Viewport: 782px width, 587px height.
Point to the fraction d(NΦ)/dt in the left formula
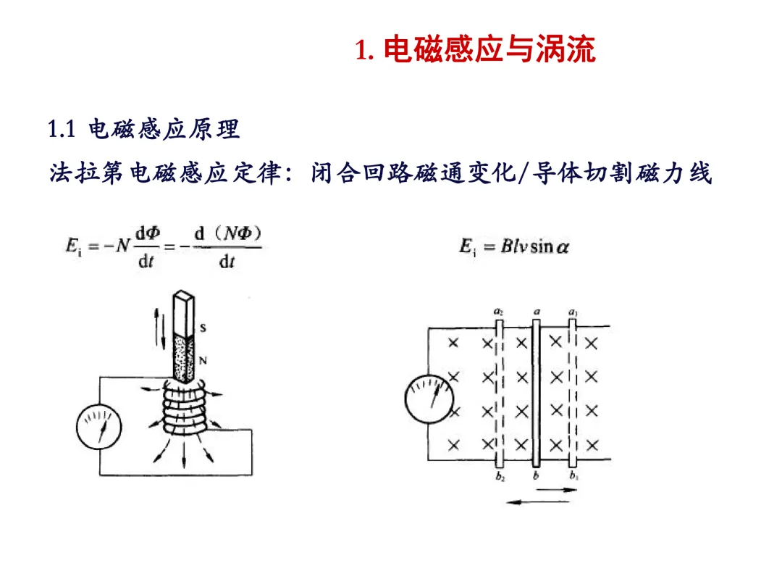226,247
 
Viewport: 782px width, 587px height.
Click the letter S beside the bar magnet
203,328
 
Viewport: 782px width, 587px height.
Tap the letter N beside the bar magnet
203,357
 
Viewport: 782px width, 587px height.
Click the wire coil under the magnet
182,412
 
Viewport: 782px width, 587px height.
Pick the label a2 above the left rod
498,312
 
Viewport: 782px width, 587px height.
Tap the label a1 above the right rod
573,312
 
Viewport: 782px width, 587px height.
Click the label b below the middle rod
536,476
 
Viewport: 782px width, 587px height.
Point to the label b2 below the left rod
500,477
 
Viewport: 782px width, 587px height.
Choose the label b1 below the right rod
573,477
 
